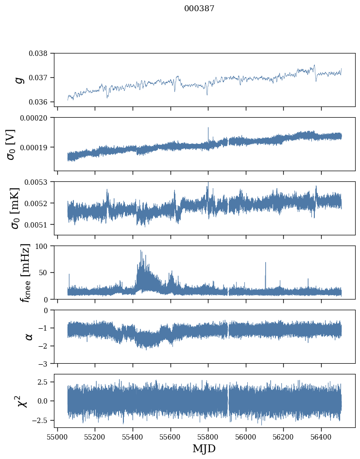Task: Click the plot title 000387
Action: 199,9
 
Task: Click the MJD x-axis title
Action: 204,448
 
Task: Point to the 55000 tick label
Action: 57,436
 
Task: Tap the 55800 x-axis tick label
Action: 208,436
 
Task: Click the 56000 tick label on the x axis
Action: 245,436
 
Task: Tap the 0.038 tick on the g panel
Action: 40,53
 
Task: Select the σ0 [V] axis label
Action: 11,144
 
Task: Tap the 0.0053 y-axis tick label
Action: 38,182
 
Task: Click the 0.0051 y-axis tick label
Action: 38,225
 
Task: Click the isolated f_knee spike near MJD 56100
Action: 265,264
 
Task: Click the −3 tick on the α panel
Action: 44,364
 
